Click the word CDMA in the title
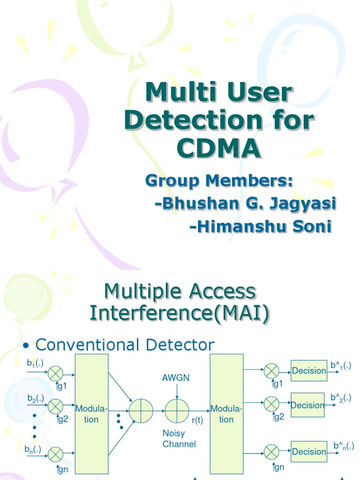218,148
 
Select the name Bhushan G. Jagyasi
246,204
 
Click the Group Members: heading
219,180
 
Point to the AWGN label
176,378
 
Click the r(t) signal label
197,420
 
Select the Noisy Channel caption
179,438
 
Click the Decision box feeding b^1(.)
308,371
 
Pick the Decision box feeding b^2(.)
307,405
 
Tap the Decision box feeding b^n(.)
308,452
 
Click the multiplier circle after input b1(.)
56,374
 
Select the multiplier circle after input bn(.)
56,453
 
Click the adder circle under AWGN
176,411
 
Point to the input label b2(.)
36,398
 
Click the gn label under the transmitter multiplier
62,469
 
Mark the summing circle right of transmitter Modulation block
141,411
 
